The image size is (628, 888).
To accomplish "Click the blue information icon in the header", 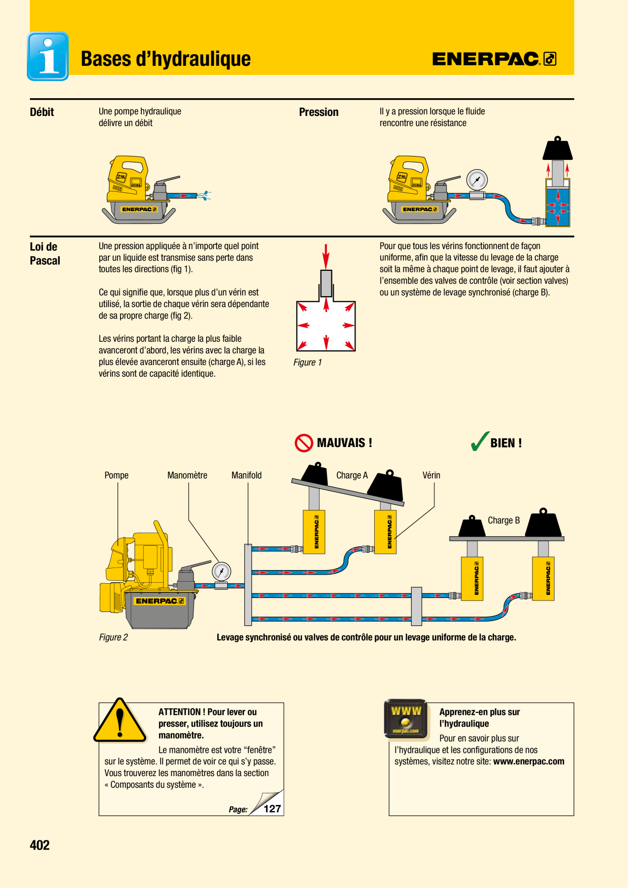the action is (x=48, y=56).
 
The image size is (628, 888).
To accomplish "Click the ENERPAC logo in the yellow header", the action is (x=494, y=59).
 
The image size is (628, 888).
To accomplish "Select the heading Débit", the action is (x=42, y=112).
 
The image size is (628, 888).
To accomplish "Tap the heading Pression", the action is (x=319, y=112).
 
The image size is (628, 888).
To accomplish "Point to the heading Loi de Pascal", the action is (x=45, y=254).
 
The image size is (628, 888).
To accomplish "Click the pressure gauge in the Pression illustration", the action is (x=477, y=180).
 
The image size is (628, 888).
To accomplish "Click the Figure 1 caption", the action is (x=307, y=362).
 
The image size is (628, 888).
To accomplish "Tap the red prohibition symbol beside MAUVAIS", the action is (x=304, y=443).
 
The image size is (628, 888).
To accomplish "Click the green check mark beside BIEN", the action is (x=480, y=441).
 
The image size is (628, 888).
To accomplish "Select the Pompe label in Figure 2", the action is (x=116, y=475).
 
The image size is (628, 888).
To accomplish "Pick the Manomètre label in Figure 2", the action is (x=187, y=475).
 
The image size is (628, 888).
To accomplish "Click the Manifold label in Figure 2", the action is (x=247, y=475).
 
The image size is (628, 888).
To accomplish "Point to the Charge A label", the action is (x=352, y=475).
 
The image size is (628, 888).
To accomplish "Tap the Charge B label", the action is (x=504, y=520).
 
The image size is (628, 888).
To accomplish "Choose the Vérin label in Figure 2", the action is (x=431, y=475).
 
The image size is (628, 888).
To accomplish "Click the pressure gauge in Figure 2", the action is (x=221, y=572).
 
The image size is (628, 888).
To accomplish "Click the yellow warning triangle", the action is (x=120, y=720).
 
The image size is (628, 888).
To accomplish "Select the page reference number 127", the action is (x=272, y=809).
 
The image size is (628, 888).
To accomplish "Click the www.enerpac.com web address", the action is (x=529, y=761).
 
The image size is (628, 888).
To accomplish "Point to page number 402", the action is (x=40, y=845).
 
